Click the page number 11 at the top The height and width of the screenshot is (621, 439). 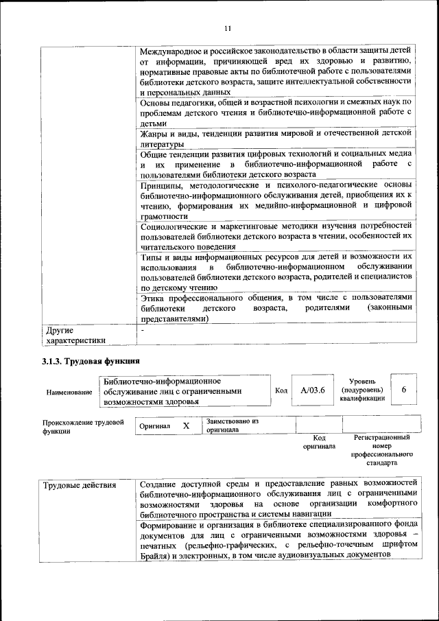(x=228, y=27)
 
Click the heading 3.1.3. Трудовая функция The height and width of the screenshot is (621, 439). (x=91, y=361)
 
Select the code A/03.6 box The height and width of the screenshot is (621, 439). (x=313, y=390)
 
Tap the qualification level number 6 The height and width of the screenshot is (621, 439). (x=404, y=390)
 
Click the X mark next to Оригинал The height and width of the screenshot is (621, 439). (x=186, y=426)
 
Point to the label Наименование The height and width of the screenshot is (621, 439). (x=69, y=392)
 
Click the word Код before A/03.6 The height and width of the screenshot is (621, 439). (x=281, y=390)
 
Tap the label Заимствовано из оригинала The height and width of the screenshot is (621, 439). (x=232, y=426)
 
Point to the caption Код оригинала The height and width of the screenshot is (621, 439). (x=319, y=442)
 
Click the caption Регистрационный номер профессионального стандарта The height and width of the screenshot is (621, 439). (x=382, y=450)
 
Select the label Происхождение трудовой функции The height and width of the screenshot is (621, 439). (x=82, y=427)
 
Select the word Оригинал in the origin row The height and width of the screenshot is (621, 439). (x=154, y=427)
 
